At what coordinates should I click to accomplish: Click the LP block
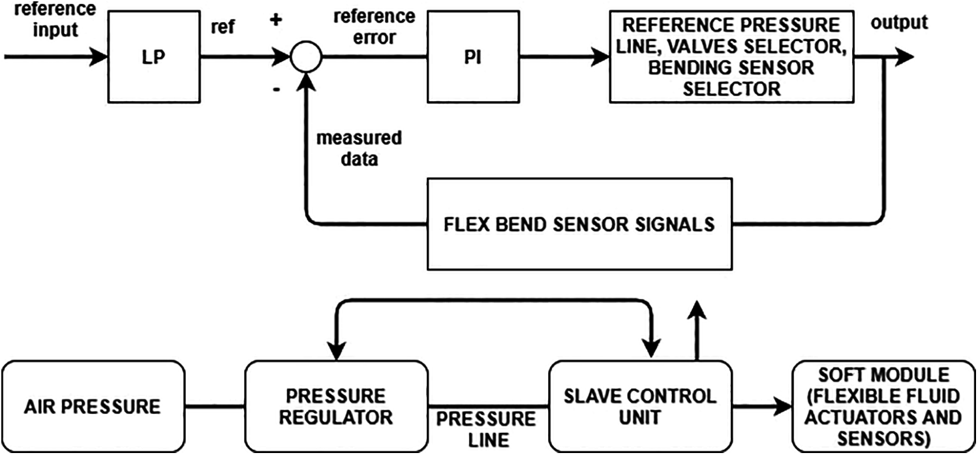154,57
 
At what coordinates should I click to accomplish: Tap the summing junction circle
305,57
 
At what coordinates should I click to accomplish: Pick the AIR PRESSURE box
93,406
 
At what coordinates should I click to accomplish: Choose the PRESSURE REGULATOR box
337,406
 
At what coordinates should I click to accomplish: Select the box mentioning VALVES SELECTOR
732,57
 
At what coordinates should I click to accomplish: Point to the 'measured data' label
359,148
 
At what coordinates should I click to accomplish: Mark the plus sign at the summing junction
276,20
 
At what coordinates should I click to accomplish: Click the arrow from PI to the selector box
562,57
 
